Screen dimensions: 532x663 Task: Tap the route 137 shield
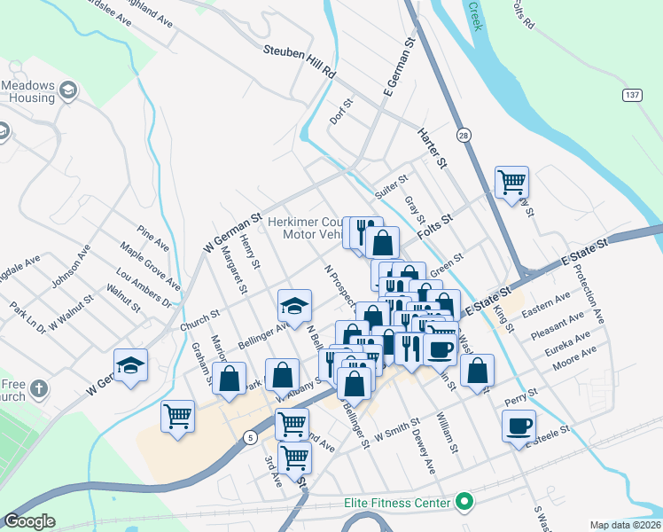coord(631,95)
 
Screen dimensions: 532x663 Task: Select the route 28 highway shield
coord(463,135)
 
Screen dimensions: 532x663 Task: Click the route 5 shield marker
coord(251,436)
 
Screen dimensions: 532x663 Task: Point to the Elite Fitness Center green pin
coord(462,503)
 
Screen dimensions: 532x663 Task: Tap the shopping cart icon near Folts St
coord(512,182)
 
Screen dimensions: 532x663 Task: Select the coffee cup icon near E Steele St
coord(519,426)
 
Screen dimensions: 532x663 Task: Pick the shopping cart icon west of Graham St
coord(178,415)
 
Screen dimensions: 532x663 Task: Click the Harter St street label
coord(433,148)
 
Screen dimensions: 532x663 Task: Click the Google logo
coord(29,521)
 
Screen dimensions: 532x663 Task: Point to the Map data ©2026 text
coord(624,525)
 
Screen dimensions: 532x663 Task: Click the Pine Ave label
coord(153,239)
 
